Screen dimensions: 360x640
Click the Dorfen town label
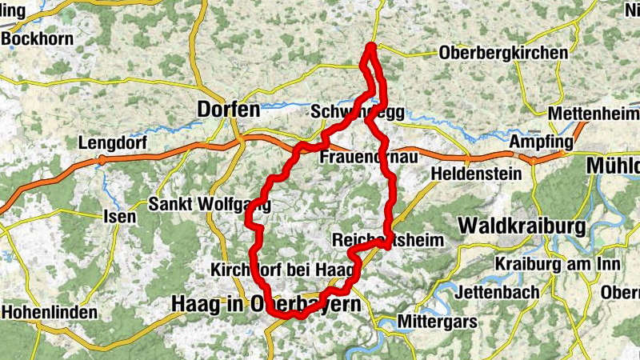coord(229,109)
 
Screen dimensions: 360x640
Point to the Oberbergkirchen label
coord(503,54)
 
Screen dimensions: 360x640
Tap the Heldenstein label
coord(472,173)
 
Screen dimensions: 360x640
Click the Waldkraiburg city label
coord(522,226)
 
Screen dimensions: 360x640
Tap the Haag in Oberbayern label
coord(265,304)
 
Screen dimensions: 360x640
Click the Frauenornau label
coord(368,158)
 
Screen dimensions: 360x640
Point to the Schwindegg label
coord(358,112)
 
